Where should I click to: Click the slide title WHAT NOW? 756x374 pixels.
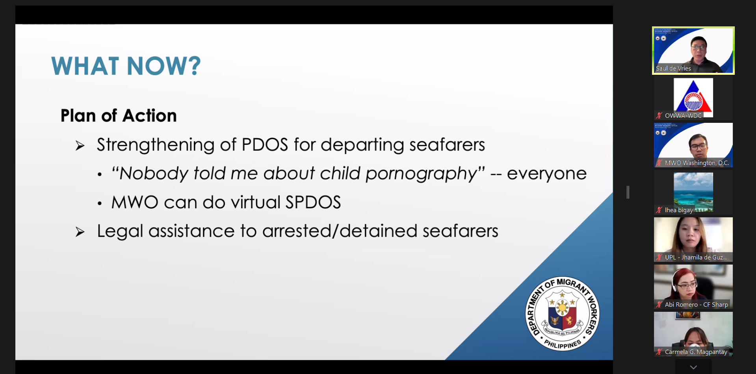pos(126,66)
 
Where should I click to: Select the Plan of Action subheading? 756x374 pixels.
pos(119,116)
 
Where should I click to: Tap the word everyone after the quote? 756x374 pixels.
pos(546,174)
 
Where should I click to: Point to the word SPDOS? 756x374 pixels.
pos(313,202)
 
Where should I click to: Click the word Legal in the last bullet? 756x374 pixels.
pos(120,231)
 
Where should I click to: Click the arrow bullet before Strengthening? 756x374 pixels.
pos(80,146)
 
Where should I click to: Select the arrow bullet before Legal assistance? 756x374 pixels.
pos(80,232)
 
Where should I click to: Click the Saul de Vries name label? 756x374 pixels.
pos(673,69)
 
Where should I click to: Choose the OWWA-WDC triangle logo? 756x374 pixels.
pos(693,97)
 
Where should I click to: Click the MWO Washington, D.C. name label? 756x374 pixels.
pos(697,163)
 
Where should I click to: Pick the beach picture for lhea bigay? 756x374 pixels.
pos(693,191)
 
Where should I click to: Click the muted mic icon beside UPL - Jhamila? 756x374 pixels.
pos(659,257)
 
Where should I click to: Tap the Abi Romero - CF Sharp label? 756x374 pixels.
pos(696,305)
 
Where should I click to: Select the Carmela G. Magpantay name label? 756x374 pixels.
pos(696,352)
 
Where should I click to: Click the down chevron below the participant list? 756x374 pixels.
pos(693,367)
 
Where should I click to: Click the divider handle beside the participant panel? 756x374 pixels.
pos(628,192)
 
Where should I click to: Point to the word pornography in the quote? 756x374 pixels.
pos(422,174)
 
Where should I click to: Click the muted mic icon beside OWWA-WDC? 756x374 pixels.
pos(659,116)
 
